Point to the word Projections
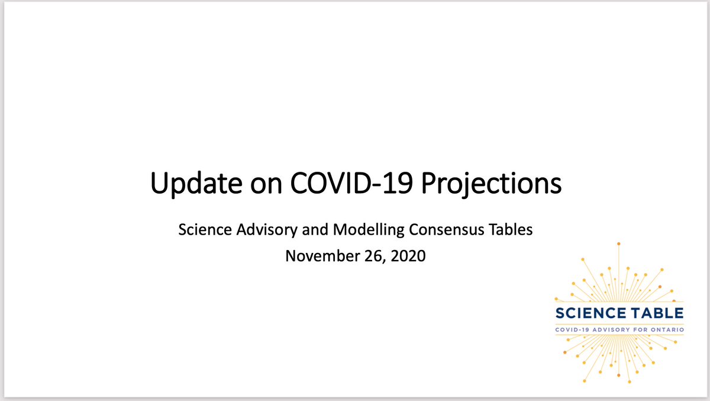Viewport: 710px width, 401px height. (x=492, y=184)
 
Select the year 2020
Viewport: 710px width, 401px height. (x=405, y=256)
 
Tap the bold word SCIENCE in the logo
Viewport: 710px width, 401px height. (x=592, y=313)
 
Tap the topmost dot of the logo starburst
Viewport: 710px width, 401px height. (x=618, y=243)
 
